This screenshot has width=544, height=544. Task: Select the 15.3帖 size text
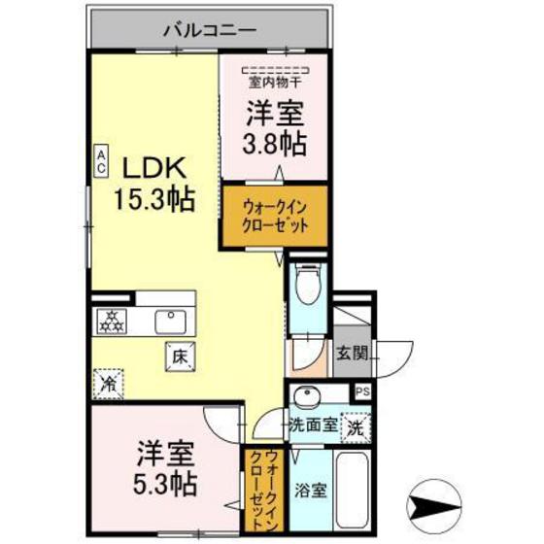(152, 201)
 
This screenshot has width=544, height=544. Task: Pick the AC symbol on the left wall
(100, 159)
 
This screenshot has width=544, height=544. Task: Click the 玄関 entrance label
(352, 354)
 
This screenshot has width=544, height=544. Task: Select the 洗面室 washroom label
(313, 425)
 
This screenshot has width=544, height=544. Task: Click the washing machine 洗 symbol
(357, 425)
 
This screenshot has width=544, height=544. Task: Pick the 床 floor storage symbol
(179, 356)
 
